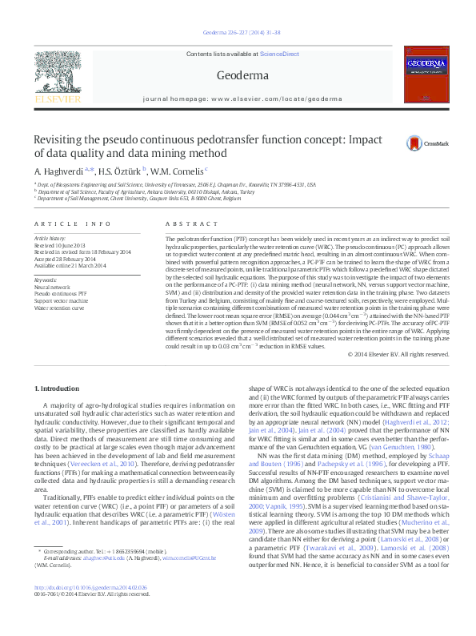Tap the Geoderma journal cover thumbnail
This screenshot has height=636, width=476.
(419, 78)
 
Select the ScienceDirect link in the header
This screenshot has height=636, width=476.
(280, 54)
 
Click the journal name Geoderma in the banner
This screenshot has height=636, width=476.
(237, 75)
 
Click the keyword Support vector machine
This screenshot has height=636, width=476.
(61, 299)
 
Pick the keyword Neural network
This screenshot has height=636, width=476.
(53, 286)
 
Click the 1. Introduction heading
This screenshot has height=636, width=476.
(56, 388)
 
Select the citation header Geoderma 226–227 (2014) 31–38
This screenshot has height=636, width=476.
(237, 34)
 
